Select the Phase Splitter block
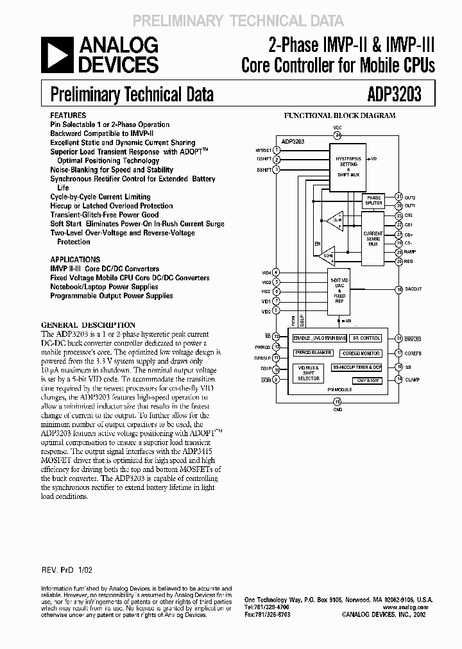pos(373,199)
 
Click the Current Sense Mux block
pos(373,237)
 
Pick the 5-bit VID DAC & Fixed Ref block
pos(339,291)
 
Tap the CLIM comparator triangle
pos(334,222)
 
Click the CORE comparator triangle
pos(329,255)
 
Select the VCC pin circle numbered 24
pos(338,135)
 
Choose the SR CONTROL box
pos(366,337)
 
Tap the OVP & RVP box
pos(366,380)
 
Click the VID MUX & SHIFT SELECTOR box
pos(309,374)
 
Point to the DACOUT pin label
pos(413,290)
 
